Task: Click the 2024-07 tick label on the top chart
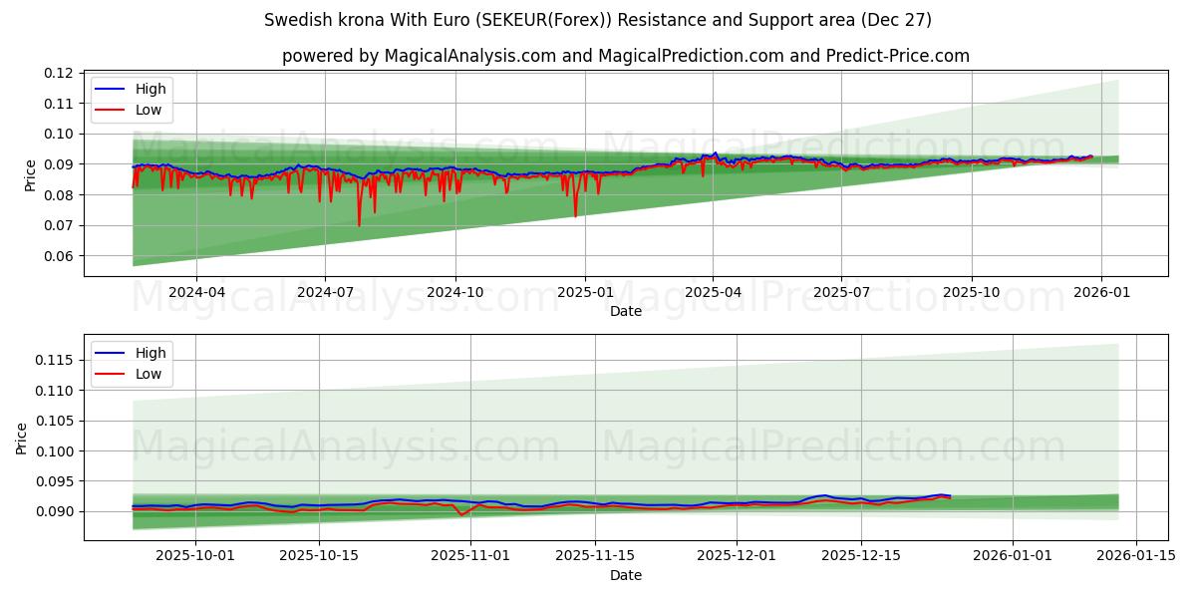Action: tap(326, 292)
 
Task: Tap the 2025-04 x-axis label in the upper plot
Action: tap(713, 292)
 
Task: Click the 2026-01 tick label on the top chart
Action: tap(1100, 292)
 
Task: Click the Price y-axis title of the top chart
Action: tap(30, 174)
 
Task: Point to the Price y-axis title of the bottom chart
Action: tap(22, 438)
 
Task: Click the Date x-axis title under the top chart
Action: tap(626, 311)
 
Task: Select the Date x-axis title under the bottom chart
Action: tap(626, 575)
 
